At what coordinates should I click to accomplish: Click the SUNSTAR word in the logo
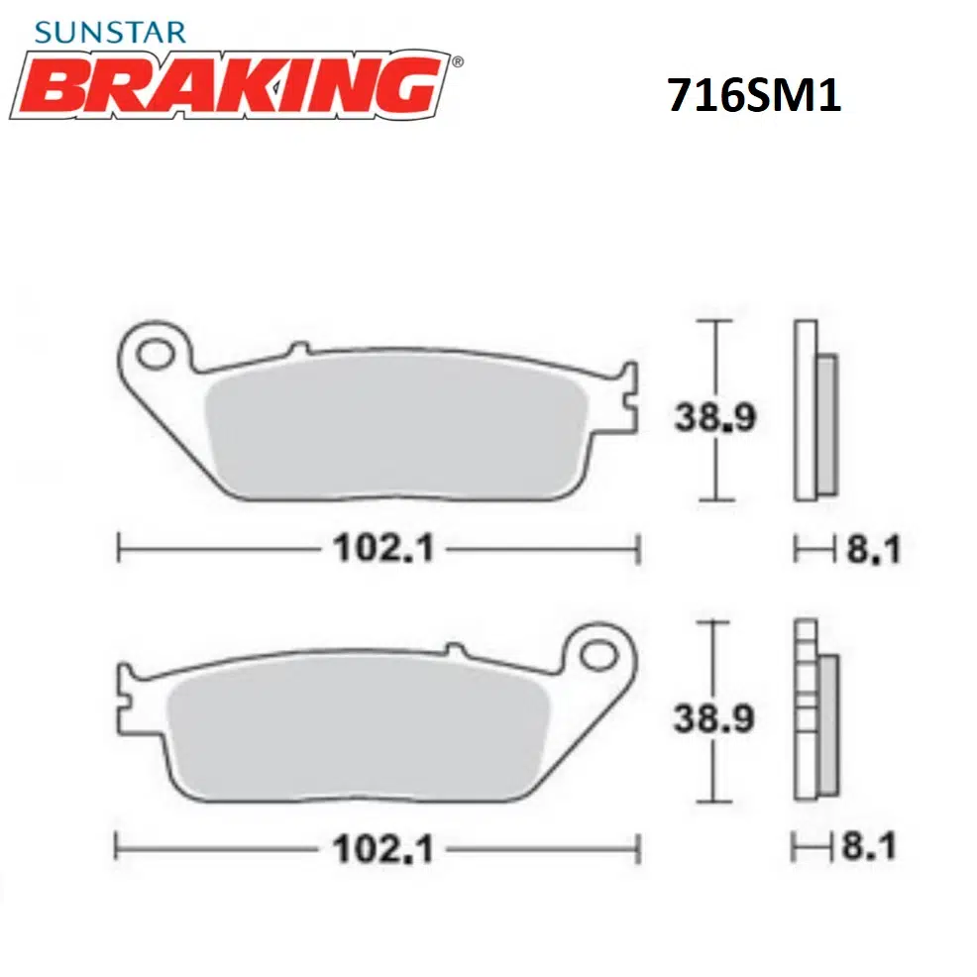click(x=109, y=32)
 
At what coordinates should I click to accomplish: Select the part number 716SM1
click(x=754, y=96)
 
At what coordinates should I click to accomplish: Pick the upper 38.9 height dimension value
click(x=715, y=417)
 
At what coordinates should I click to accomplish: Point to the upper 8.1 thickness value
click(x=873, y=549)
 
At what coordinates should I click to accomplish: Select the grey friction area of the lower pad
click(x=357, y=728)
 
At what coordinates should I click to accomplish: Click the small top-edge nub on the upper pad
click(x=294, y=350)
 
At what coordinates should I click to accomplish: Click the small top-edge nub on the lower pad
click(x=454, y=650)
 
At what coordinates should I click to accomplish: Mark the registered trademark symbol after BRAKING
click(x=456, y=62)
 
